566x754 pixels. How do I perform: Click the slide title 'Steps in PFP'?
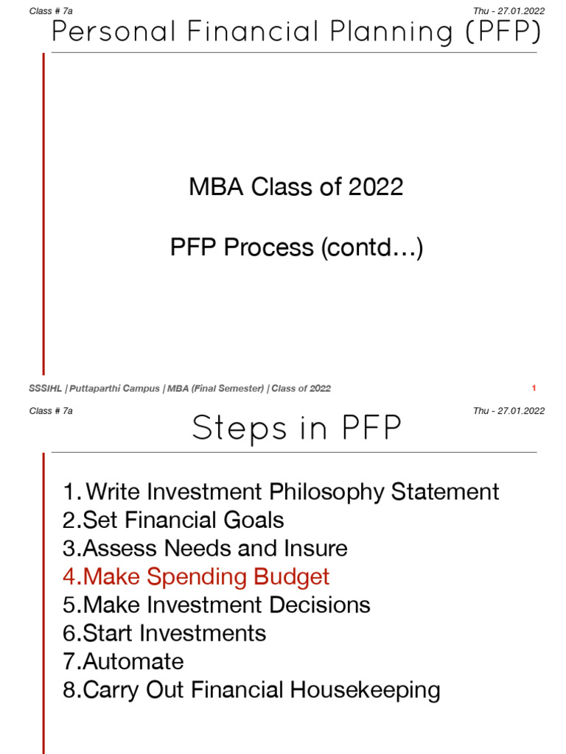click(x=297, y=429)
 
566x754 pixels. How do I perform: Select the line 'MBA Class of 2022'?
click(x=296, y=186)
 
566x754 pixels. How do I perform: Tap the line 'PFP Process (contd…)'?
click(x=296, y=247)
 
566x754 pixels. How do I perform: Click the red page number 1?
click(x=534, y=388)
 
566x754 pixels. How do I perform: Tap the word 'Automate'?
click(x=133, y=661)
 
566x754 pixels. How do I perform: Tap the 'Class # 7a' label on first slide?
click(x=51, y=10)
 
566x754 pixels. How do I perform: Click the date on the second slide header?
click(x=509, y=411)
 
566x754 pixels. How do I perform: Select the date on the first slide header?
click(x=509, y=10)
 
